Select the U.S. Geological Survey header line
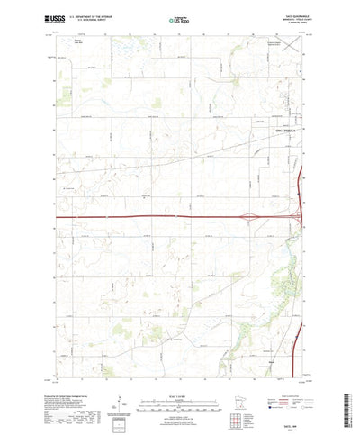(88, 19)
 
